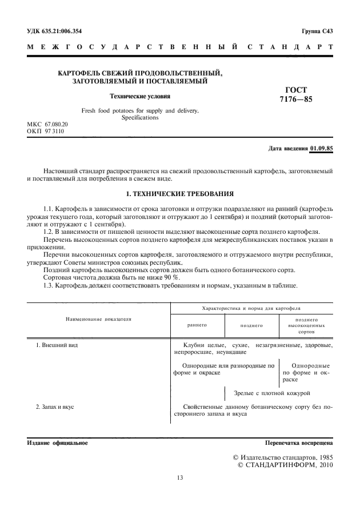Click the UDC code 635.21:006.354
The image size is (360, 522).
(x=63, y=31)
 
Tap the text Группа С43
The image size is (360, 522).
(x=317, y=31)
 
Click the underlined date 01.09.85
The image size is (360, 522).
(x=322, y=149)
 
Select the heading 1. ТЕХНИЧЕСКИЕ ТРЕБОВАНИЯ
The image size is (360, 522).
(x=179, y=193)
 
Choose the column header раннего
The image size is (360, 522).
(x=197, y=325)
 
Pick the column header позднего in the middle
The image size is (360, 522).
(x=251, y=325)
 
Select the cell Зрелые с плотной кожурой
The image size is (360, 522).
(x=272, y=393)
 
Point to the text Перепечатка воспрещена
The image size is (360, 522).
(x=299, y=443)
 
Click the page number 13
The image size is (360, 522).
(x=180, y=477)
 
